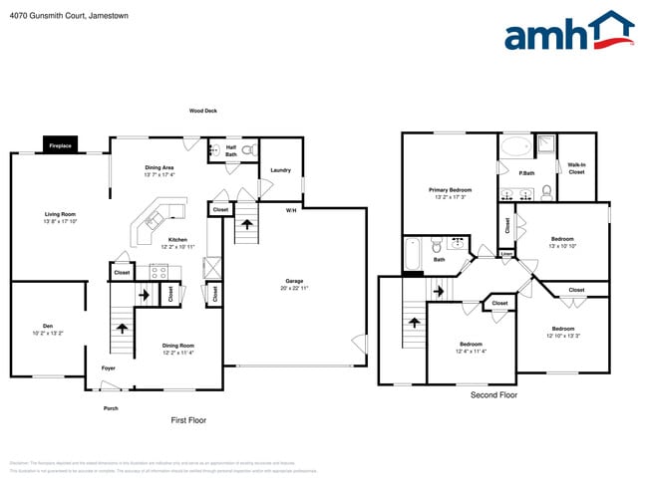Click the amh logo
tap(568, 32)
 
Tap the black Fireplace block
tap(60, 145)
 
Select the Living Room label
tap(60, 214)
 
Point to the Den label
tap(47, 325)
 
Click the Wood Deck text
tap(203, 111)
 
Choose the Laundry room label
tap(280, 170)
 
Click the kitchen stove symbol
tap(160, 270)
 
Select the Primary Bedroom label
tap(451, 189)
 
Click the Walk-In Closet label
tap(576, 168)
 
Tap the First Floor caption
tap(188, 420)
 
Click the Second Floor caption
tap(493, 395)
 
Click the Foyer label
tap(109, 368)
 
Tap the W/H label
tap(291, 210)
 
